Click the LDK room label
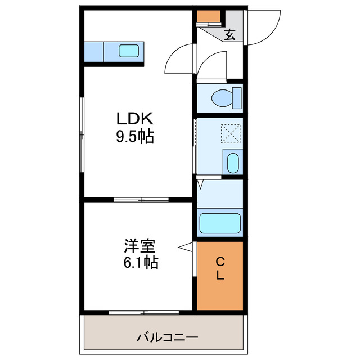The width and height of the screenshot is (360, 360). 135,119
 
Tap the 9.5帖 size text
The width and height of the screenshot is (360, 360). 135,137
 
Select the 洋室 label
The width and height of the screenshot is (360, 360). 140,246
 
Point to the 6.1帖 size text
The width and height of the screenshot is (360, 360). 140,262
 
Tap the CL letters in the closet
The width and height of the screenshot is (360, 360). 220,268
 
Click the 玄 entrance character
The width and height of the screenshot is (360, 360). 229,35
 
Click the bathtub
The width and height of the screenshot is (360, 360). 220,223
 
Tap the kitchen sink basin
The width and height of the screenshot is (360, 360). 129,52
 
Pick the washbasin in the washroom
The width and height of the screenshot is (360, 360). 233,163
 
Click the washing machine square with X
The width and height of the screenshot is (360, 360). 231,133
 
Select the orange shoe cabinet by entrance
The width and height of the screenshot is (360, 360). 209,17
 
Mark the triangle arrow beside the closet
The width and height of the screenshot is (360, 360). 185,246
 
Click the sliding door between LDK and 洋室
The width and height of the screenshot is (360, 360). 141,199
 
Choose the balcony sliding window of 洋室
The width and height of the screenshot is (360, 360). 143,312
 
